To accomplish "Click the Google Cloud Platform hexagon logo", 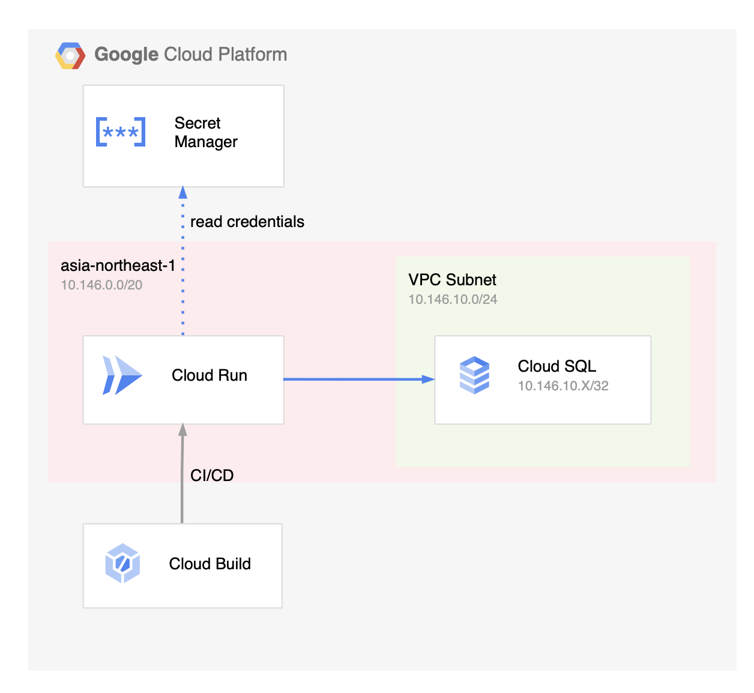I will [x=70, y=55].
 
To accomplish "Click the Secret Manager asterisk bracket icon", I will [x=121, y=132].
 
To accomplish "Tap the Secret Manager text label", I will [x=205, y=133].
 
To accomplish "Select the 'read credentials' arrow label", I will [x=247, y=222].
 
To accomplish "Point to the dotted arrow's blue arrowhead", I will [x=183, y=193].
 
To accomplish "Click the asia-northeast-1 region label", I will [x=118, y=265].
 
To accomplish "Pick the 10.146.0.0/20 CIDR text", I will [x=101, y=285].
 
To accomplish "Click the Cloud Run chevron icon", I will [x=122, y=375].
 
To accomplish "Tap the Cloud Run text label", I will [x=209, y=375].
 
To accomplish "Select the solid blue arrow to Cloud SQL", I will [x=354, y=379].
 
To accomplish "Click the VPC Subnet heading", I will [x=452, y=280].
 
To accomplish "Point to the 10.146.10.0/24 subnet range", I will [x=453, y=300].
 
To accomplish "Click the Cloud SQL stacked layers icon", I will [x=474, y=375].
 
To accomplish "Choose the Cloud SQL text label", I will [x=556, y=366].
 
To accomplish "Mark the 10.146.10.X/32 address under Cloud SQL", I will [x=563, y=386].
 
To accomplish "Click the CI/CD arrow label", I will [x=212, y=476].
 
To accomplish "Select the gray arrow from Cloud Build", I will [x=182, y=480].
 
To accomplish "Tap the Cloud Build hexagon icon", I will [x=122, y=563].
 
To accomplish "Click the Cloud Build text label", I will [x=210, y=564].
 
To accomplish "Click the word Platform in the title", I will [x=252, y=55].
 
